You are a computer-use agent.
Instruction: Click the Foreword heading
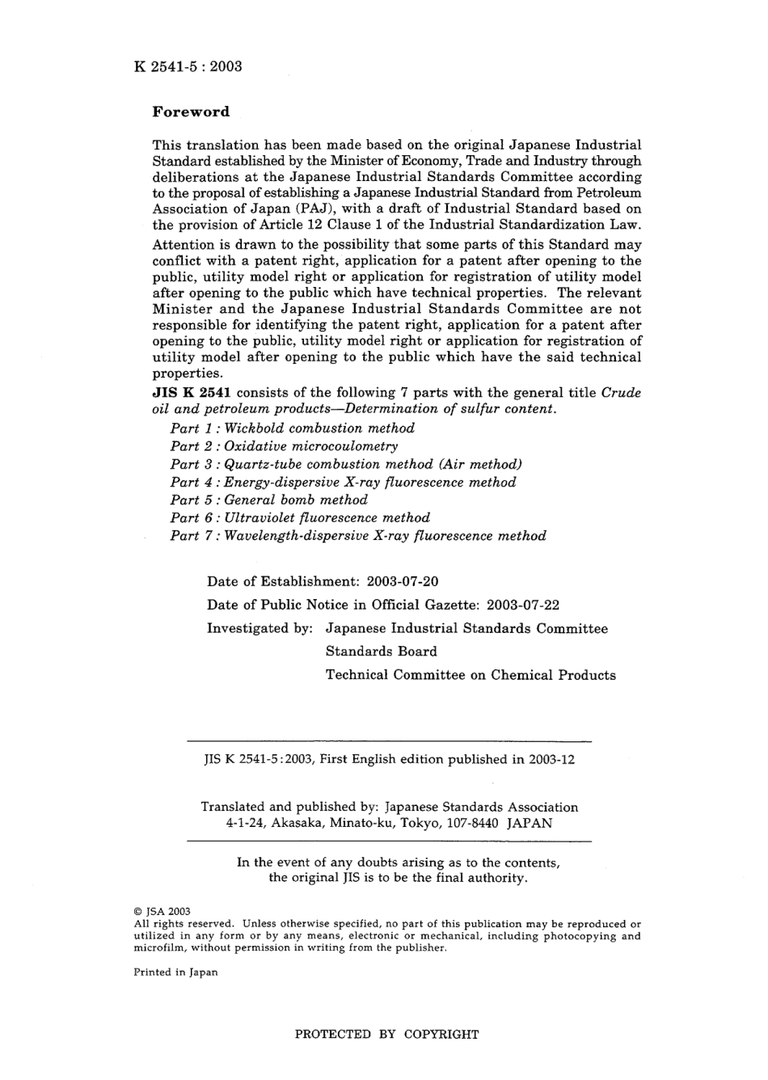tap(191, 112)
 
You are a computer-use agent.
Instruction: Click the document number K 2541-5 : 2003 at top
tap(188, 66)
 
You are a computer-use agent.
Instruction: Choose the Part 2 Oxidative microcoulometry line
tap(284, 446)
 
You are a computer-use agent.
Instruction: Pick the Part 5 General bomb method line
tap(268, 500)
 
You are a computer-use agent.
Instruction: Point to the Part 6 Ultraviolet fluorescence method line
tap(299, 517)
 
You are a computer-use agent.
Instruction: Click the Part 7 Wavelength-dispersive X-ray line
tap(357, 535)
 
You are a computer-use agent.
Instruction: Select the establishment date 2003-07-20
tap(403, 581)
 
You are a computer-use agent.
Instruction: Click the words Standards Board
tap(381, 652)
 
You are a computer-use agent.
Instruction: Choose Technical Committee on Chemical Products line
tap(471, 675)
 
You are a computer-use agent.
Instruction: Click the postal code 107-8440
tap(467, 823)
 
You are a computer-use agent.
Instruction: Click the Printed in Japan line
tap(175, 972)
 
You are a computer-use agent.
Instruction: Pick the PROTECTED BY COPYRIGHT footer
tap(386, 1034)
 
